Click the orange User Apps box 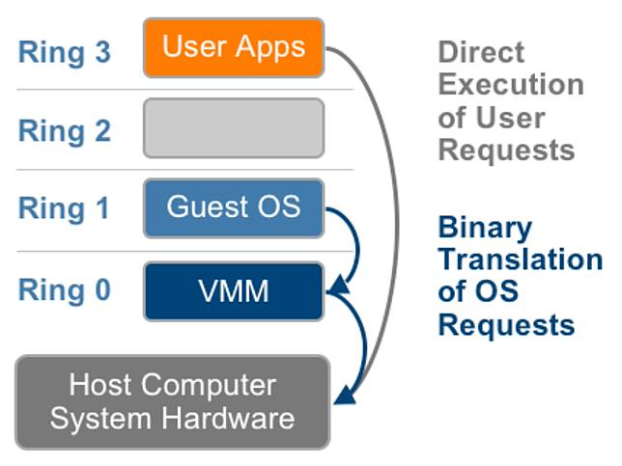[x=234, y=47]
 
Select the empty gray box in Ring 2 [x=234, y=128]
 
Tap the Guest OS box [x=234, y=208]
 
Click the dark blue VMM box [x=234, y=291]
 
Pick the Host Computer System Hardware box [x=173, y=402]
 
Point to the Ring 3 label [x=65, y=52]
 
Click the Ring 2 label [x=65, y=131]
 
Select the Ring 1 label [x=64, y=208]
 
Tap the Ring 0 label [x=65, y=290]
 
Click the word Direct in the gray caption [x=481, y=52]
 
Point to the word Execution [x=511, y=85]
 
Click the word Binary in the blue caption [x=485, y=228]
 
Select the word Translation [x=521, y=260]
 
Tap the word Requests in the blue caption [x=506, y=326]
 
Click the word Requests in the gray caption [x=506, y=151]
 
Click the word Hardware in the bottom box [x=228, y=419]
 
